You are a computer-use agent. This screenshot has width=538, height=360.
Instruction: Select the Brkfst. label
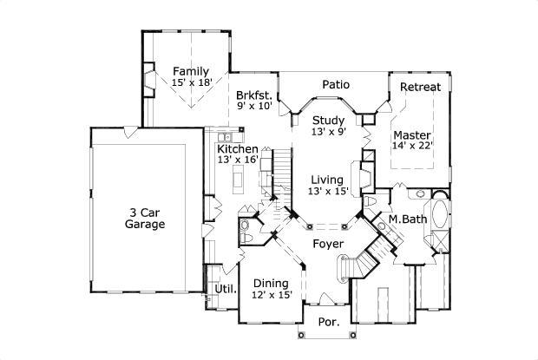tap(254, 95)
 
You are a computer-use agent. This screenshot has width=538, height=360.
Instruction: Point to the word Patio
tap(335, 84)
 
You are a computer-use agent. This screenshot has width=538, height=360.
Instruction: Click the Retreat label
tap(420, 87)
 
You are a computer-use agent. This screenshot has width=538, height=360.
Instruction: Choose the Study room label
tap(328, 121)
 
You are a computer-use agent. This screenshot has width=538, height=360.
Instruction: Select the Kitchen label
tap(237, 149)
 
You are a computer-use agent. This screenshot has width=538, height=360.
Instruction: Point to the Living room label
tap(327, 180)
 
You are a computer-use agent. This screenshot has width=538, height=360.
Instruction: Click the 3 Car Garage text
tap(148, 217)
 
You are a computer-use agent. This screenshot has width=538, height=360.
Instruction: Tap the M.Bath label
tap(407, 219)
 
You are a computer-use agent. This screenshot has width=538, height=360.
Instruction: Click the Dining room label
tap(272, 283)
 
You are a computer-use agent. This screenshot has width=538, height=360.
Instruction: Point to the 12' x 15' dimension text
tap(272, 295)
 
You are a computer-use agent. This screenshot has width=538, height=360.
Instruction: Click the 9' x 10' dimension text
tap(254, 106)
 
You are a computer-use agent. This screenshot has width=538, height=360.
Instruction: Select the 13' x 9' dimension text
tap(328, 132)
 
